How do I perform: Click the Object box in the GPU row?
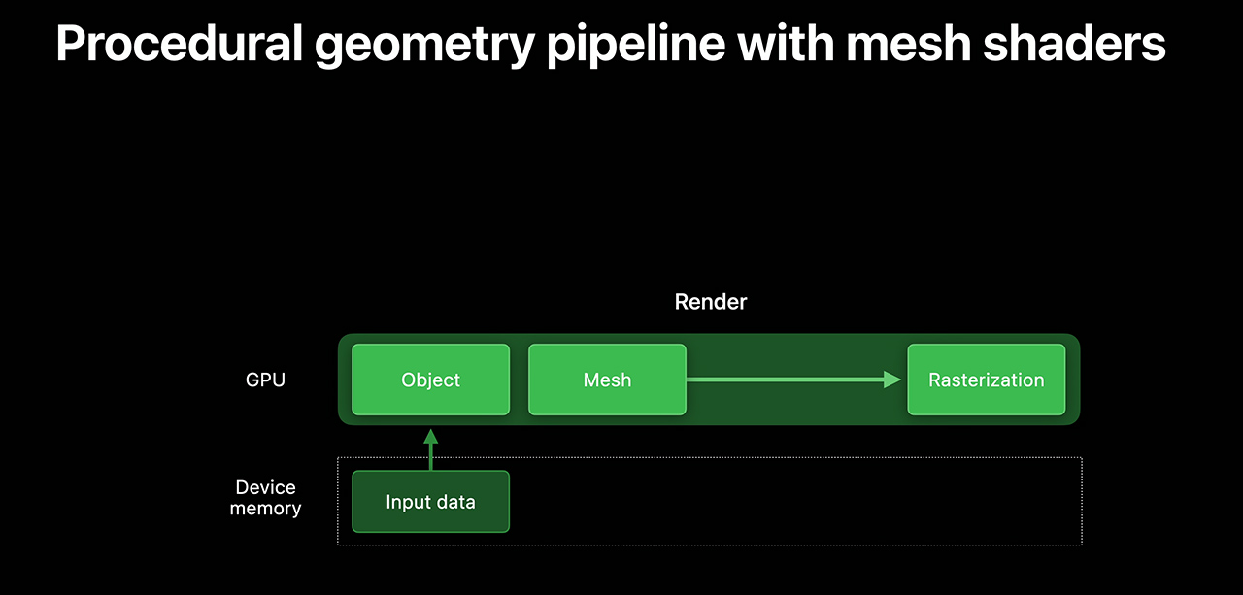pos(430,380)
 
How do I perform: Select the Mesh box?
pos(607,380)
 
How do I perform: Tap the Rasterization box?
pos(986,380)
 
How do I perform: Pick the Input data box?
pos(430,502)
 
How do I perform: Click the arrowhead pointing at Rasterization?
pos(893,380)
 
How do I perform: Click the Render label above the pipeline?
pos(711,302)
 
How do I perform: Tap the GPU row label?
pos(265,380)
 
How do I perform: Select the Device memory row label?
pos(265,498)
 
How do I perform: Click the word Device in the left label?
pos(265,487)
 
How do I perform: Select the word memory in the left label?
pos(265,509)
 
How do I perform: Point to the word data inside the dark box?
pos(454,502)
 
